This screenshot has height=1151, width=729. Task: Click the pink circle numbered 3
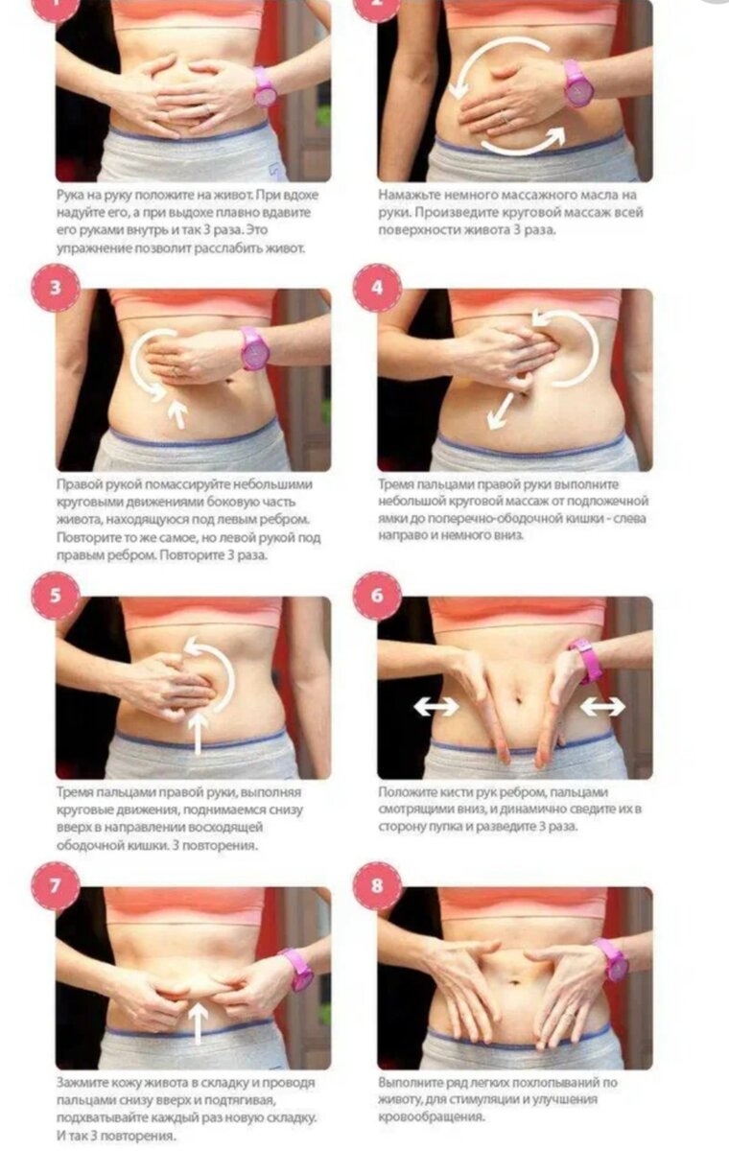click(56, 288)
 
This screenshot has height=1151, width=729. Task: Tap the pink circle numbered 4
click(377, 288)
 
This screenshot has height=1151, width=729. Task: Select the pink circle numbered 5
click(56, 596)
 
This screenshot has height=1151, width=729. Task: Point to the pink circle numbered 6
click(377, 596)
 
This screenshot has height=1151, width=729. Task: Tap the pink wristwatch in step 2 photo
click(577, 83)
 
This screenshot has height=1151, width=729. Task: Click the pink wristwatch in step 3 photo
click(254, 349)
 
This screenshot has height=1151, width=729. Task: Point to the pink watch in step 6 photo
click(587, 659)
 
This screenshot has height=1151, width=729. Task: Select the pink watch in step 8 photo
click(611, 959)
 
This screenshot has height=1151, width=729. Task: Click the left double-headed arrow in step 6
click(436, 706)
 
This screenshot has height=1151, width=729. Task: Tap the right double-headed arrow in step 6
click(602, 707)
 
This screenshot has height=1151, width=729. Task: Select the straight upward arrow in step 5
click(198, 733)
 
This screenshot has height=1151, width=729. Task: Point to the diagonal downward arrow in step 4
click(501, 411)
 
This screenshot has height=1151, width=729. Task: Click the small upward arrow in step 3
click(177, 414)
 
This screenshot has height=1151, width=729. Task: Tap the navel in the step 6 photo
click(518, 698)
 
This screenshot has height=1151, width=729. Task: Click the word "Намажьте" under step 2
click(409, 196)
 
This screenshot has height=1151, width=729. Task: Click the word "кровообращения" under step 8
click(432, 1117)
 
